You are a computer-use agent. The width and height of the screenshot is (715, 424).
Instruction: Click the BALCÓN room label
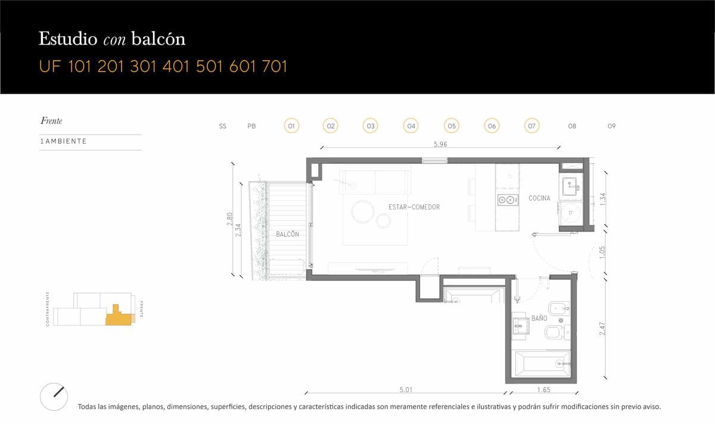click(287, 234)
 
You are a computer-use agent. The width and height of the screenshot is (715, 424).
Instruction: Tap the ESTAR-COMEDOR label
click(414, 207)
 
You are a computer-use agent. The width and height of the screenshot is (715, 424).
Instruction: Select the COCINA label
click(539, 198)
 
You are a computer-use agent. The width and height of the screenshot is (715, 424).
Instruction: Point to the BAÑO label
click(539, 318)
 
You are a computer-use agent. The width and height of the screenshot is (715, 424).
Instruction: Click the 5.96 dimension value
click(440, 144)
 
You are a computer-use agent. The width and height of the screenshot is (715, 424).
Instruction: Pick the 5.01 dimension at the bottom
click(406, 389)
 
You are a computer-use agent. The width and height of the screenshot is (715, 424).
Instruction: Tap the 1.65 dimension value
click(543, 389)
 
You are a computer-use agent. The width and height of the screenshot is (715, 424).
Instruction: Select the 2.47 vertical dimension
click(602, 329)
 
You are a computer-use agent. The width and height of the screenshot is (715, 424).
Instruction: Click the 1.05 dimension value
click(602, 252)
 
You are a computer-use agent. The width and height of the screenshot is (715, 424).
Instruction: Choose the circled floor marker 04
click(411, 126)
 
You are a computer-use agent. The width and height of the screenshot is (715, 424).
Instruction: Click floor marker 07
click(531, 126)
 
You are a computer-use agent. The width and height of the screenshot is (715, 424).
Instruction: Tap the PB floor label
click(251, 126)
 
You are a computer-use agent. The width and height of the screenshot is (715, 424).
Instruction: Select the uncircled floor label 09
click(611, 126)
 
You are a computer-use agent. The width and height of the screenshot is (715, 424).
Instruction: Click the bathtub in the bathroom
click(543, 364)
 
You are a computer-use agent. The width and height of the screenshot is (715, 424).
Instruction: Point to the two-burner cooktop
click(508, 199)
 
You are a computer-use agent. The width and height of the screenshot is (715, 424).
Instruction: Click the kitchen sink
click(571, 186)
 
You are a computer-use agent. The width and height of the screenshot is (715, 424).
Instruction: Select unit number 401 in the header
click(176, 67)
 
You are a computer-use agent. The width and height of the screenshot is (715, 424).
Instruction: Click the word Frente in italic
click(51, 121)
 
